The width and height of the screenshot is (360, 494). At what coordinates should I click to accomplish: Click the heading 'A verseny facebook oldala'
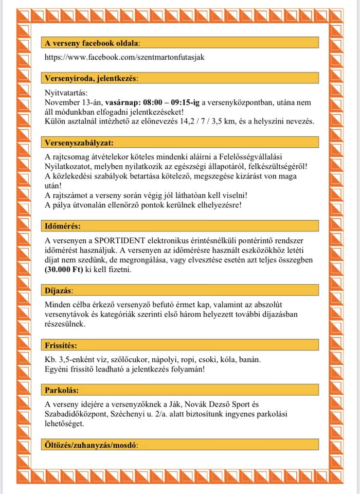92,43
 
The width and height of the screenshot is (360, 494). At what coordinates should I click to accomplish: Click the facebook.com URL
124,57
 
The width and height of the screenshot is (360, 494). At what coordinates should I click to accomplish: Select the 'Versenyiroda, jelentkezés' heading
91,78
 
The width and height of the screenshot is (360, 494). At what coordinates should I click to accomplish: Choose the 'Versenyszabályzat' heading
79,142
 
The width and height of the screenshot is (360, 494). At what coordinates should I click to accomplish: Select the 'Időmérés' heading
63,226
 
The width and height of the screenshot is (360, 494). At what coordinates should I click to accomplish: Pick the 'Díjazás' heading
59,291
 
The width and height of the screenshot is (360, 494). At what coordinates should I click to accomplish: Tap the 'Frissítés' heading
61,345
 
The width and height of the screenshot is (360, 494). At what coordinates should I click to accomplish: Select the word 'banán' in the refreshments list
249,359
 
